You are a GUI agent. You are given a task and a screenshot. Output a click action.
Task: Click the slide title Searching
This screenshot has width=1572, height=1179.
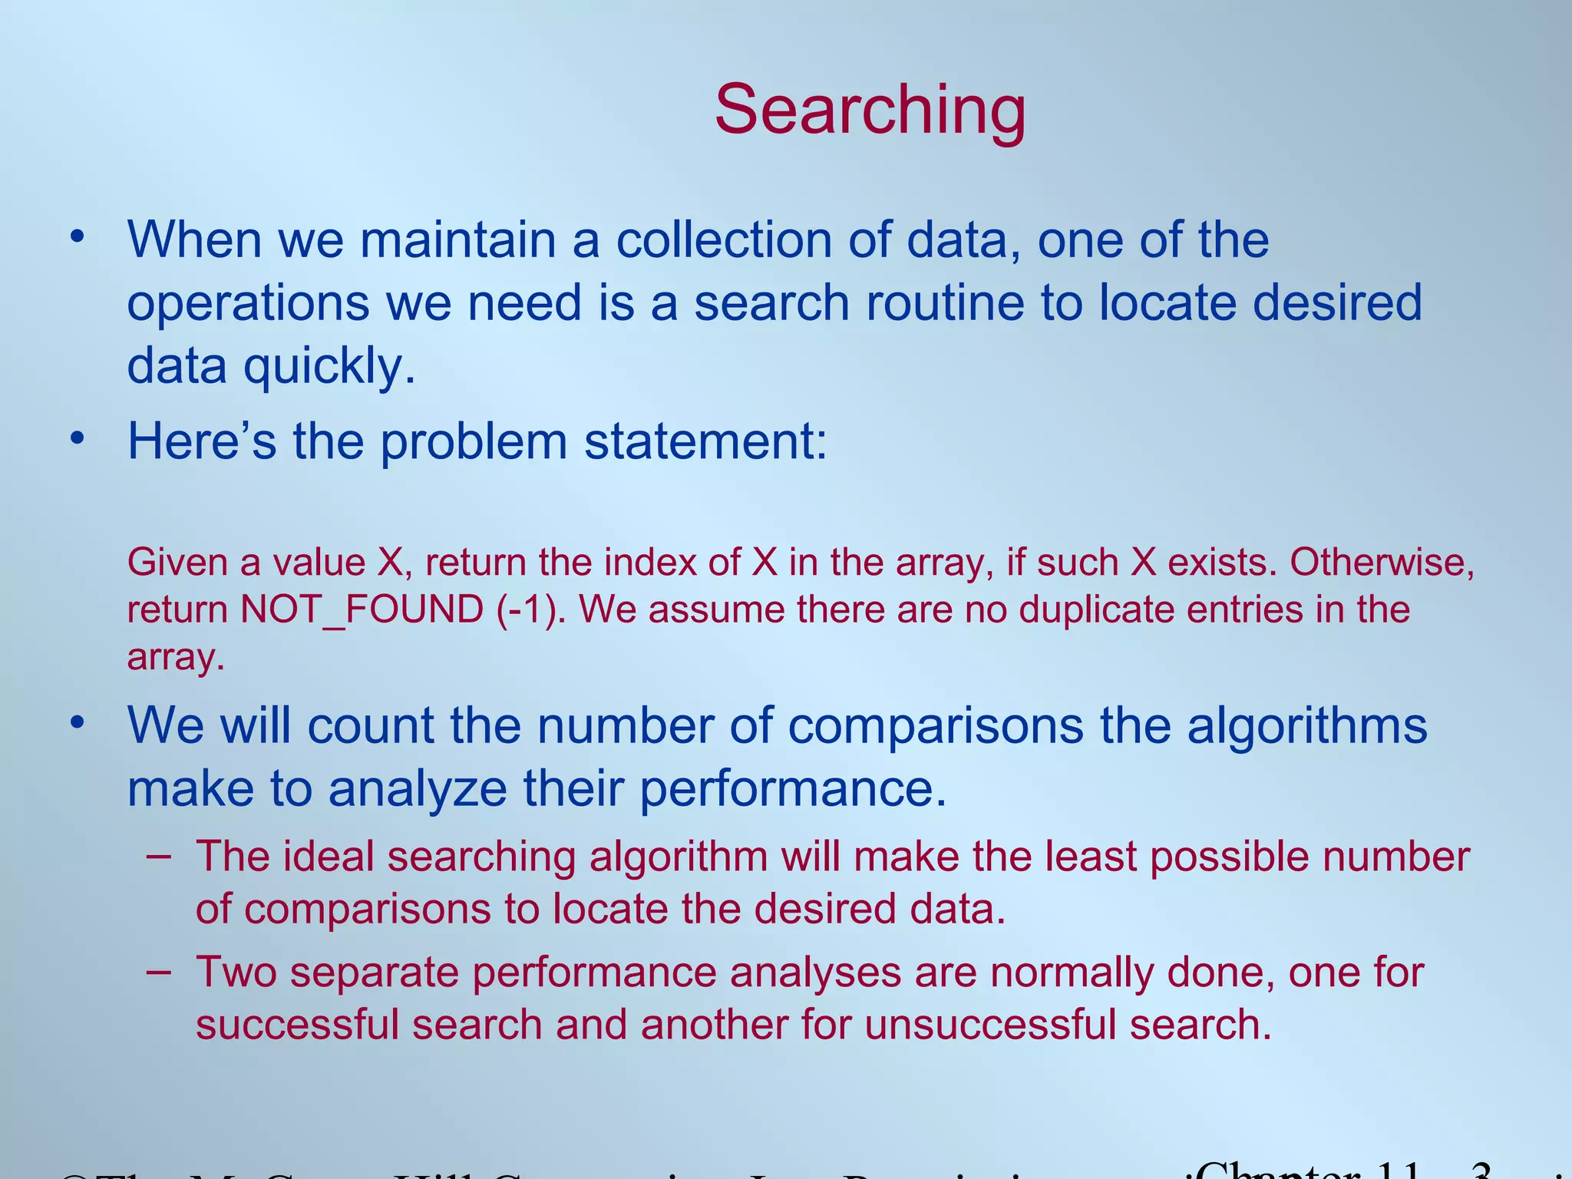tap(870, 110)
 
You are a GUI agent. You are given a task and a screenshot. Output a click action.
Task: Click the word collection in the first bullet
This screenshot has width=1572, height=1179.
tap(724, 240)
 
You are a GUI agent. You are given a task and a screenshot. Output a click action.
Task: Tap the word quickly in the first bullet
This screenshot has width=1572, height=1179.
tap(330, 366)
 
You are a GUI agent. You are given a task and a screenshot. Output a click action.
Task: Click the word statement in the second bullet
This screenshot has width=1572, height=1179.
tap(705, 442)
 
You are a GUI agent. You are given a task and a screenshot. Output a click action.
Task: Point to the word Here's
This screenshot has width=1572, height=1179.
tap(202, 442)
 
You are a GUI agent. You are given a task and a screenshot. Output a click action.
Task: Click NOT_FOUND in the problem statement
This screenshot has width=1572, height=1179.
tap(362, 610)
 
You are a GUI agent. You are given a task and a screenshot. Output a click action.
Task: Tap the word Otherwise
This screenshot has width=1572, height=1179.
tap(1382, 563)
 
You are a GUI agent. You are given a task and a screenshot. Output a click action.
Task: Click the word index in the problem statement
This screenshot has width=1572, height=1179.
tap(649, 563)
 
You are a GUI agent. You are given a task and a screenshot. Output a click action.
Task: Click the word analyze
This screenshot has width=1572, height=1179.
tap(418, 789)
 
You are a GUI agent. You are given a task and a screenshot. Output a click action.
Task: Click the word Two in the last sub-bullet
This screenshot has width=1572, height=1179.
tap(236, 973)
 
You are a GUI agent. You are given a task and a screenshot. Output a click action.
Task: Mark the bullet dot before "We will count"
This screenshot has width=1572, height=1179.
tap(76, 724)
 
